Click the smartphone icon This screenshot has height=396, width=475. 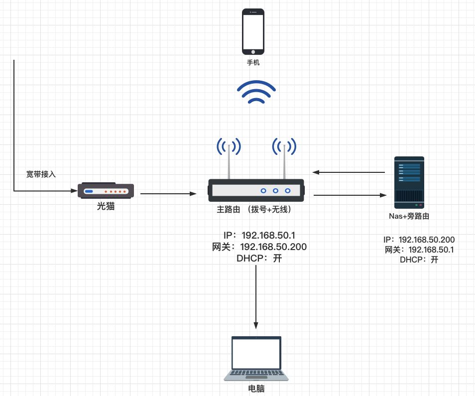coord(253,31)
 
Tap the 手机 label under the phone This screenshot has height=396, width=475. coord(253,63)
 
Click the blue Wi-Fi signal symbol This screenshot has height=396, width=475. coord(256,92)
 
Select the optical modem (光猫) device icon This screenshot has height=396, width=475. coord(106,191)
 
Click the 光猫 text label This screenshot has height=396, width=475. coord(106,206)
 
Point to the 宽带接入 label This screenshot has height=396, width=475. coord(41,175)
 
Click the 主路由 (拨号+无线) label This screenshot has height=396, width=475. coord(254,210)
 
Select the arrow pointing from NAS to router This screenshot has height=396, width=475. coord(349,172)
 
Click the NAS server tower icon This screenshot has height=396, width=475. coord(409,182)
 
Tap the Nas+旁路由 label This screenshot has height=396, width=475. coord(409,217)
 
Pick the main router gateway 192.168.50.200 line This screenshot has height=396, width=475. coord(259,247)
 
